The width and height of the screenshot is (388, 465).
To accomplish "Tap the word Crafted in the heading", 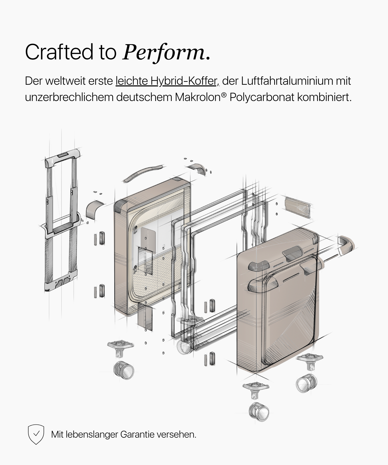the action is click(x=59, y=52).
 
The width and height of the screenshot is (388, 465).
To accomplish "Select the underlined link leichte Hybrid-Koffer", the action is click(x=167, y=81).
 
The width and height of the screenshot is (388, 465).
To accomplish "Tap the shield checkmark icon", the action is click(x=36, y=434).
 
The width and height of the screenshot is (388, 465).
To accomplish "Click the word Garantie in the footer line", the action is click(x=137, y=434).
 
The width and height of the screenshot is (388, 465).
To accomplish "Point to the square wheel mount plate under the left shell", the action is click(x=121, y=345).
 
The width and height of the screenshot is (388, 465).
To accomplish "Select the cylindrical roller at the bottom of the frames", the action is click(x=185, y=347).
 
